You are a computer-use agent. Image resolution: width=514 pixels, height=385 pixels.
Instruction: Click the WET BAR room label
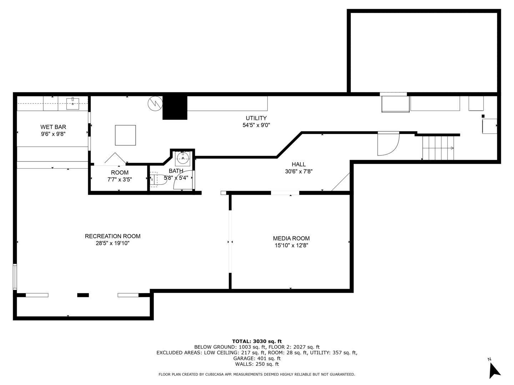click(x=53, y=127)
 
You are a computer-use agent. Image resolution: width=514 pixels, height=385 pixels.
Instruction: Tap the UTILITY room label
click(x=256, y=118)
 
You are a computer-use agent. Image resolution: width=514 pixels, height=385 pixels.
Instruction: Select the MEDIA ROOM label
click(x=291, y=238)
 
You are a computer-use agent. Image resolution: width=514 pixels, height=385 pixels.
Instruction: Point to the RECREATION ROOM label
click(x=113, y=236)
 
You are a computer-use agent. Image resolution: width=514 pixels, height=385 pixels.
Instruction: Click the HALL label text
click(x=298, y=164)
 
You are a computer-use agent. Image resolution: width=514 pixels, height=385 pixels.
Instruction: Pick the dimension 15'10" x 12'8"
click(x=291, y=246)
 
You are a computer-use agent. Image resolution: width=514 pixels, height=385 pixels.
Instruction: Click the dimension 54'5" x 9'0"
click(x=256, y=125)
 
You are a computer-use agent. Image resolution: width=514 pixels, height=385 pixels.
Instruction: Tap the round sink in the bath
click(x=183, y=158)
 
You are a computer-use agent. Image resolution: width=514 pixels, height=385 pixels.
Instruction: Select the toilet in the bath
click(x=158, y=180)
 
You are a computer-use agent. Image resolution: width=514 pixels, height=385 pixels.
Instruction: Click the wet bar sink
click(x=72, y=103)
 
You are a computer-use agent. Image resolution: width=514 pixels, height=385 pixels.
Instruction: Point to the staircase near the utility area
click(x=438, y=148)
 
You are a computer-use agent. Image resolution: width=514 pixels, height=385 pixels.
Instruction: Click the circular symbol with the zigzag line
click(x=155, y=103)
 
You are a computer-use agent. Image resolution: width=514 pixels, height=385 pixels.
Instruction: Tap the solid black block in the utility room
click(x=175, y=108)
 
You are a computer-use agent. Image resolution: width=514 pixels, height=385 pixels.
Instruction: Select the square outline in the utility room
click(x=125, y=135)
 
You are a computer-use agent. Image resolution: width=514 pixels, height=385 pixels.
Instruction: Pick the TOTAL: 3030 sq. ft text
click(x=257, y=341)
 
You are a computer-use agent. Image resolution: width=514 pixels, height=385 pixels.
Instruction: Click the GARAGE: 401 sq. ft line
click(x=257, y=358)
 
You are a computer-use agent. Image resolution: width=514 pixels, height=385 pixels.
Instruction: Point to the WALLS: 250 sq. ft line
click(x=257, y=364)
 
